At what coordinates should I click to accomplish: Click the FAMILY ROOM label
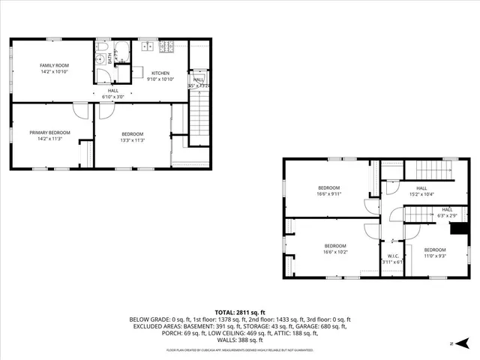coord(54,66)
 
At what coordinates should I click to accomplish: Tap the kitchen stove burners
coord(167,47)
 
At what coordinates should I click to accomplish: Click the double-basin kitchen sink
coord(147,47)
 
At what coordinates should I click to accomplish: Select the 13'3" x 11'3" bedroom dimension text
coord(132,139)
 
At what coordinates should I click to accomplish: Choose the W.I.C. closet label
coord(391,256)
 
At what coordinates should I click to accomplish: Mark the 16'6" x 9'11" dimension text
coord(328,193)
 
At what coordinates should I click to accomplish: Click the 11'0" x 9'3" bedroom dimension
coord(434,256)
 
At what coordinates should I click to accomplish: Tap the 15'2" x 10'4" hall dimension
coord(421,194)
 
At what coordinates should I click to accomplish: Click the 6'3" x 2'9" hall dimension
coord(447,216)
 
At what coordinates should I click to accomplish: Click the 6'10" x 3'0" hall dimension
coord(112,96)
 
